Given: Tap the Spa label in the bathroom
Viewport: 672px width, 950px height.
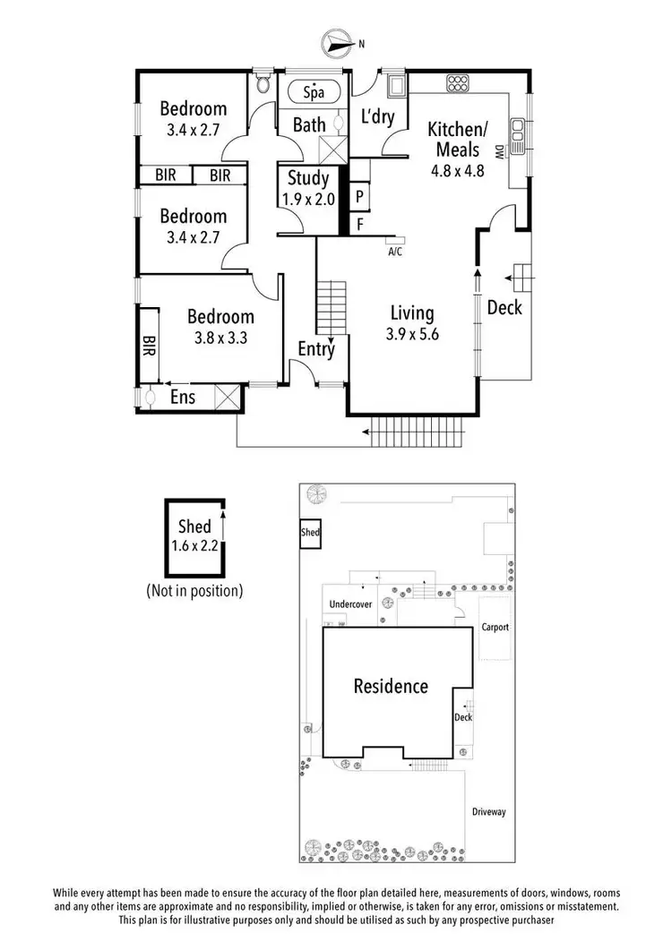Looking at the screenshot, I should click(313, 92).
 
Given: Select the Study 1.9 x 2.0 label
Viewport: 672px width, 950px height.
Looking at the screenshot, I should click(309, 189).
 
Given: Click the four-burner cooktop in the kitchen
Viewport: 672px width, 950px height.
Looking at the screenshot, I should click(458, 85).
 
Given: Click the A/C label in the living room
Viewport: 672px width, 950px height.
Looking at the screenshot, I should click(394, 252).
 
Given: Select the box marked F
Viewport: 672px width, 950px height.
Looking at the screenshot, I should click(358, 224).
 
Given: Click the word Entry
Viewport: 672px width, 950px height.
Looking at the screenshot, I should click(316, 349).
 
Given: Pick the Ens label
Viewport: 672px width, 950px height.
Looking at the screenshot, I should click(183, 396).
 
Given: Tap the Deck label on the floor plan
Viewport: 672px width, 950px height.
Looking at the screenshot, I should click(504, 308).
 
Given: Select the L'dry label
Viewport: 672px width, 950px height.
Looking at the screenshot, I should click(377, 117).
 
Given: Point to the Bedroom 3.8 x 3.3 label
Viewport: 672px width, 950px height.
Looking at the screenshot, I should click(220, 328).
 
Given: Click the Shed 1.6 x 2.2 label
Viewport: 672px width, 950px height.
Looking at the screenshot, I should click(194, 536).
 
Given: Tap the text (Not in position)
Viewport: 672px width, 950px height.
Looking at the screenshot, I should click(194, 591).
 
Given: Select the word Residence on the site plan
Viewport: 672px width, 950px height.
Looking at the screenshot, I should click(391, 687).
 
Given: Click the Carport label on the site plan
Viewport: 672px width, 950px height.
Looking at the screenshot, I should click(495, 628).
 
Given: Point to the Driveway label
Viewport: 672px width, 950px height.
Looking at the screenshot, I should click(489, 812).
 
